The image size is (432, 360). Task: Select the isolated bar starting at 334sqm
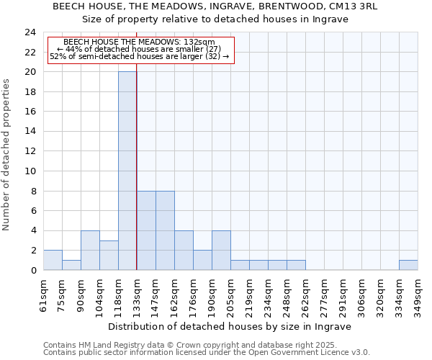click(x=408, y=265)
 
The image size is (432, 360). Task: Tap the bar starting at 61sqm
click(x=53, y=260)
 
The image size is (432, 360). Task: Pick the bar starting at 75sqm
click(x=71, y=265)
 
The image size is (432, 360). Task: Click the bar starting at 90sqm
click(x=90, y=250)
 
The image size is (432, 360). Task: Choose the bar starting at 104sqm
click(x=109, y=255)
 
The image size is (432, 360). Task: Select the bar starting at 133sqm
click(x=146, y=230)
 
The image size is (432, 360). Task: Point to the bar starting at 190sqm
click(x=221, y=250)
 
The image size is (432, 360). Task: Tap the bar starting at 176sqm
click(x=202, y=260)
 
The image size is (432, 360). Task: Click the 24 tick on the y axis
click(x=30, y=32)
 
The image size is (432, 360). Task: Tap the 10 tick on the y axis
click(x=30, y=171)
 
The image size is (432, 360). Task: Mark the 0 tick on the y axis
click(x=33, y=270)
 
